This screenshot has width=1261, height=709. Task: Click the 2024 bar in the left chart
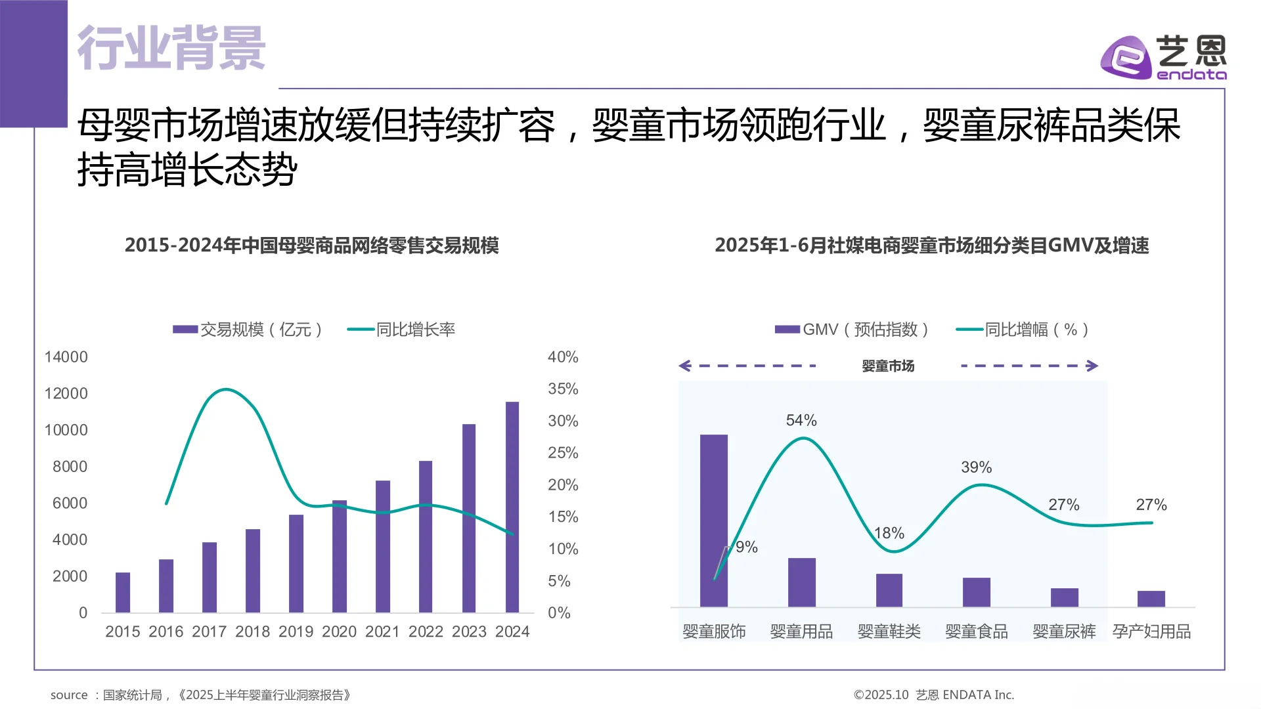click(x=512, y=507)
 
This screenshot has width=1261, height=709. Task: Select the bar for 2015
click(x=123, y=592)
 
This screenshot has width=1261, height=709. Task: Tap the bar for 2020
click(x=340, y=557)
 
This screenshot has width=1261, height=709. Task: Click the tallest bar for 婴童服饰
click(x=714, y=520)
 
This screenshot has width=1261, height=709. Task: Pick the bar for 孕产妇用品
click(x=1151, y=599)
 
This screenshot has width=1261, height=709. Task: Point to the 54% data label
click(x=801, y=420)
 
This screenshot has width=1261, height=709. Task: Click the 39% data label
click(x=976, y=467)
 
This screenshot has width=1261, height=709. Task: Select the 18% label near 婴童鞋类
click(x=889, y=533)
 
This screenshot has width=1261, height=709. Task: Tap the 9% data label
click(x=747, y=547)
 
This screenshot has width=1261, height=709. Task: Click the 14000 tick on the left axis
click(x=66, y=357)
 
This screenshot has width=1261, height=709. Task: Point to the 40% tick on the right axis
click(x=563, y=357)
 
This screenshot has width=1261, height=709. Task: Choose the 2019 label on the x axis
click(x=296, y=632)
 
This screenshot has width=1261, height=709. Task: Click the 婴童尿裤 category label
click(x=1064, y=632)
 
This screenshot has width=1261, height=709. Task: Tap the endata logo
click(x=1163, y=58)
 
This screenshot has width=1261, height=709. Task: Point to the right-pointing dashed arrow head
click(x=1093, y=366)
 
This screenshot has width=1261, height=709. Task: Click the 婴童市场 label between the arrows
click(x=888, y=366)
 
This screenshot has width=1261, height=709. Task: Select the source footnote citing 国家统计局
click(x=200, y=695)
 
